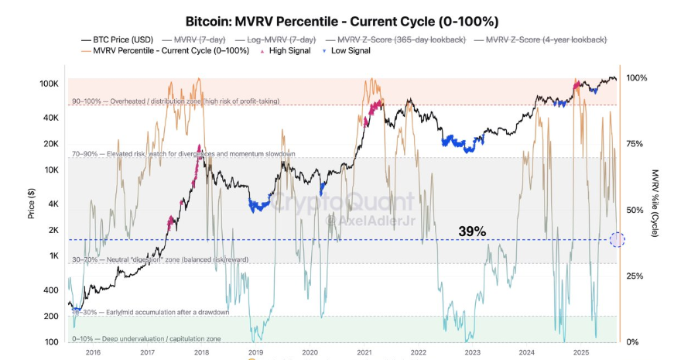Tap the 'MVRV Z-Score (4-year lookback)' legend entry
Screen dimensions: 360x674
(539, 39)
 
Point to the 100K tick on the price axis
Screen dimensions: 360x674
(50, 83)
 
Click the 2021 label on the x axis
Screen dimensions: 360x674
(363, 352)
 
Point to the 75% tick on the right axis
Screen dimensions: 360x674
(635, 144)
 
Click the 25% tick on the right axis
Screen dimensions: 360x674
(635, 276)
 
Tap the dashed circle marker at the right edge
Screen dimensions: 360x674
(617, 240)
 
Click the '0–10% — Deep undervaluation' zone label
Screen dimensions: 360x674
(146, 338)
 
